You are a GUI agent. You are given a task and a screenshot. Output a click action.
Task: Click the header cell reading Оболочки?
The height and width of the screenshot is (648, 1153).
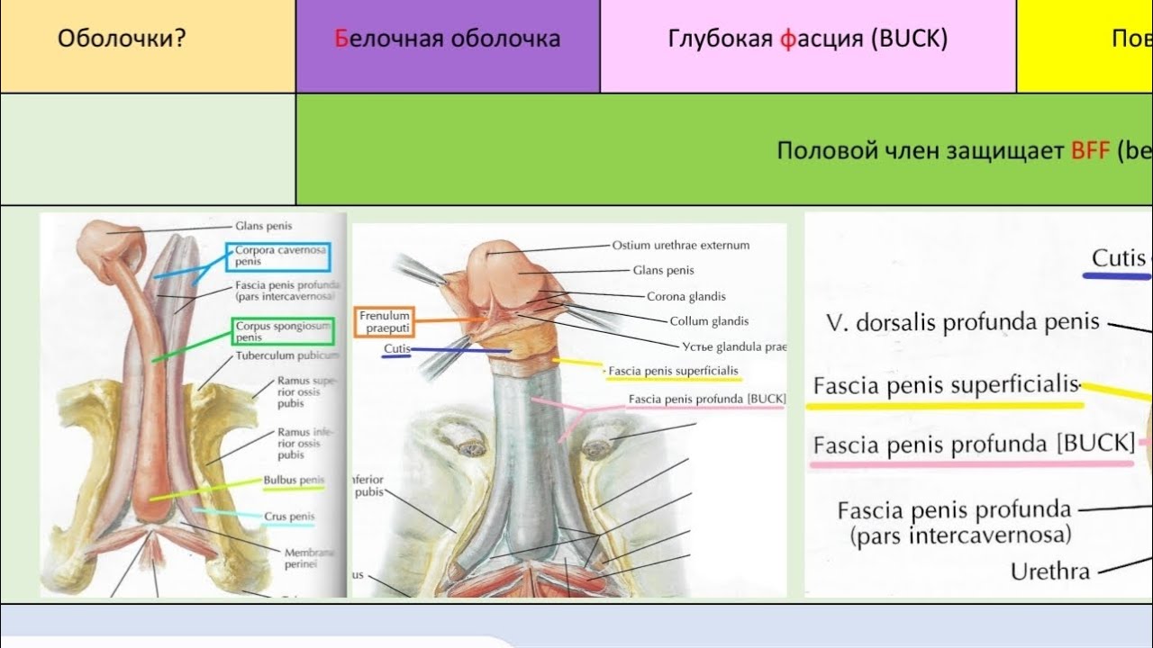(121, 40)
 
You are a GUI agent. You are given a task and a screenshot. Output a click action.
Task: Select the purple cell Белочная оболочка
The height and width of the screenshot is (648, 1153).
(448, 40)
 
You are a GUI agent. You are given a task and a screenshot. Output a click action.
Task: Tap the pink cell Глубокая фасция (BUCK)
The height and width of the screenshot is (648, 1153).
(808, 40)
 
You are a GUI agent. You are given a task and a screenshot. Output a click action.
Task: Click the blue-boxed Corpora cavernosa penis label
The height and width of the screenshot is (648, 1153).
(279, 256)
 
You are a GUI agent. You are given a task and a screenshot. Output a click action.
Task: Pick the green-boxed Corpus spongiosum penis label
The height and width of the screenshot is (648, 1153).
(283, 330)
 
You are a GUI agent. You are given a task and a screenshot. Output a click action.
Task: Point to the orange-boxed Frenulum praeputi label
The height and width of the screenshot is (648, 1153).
(385, 321)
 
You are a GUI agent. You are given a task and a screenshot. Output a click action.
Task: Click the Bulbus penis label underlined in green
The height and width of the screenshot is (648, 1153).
(294, 481)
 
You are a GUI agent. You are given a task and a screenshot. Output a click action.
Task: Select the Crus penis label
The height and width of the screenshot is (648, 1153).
(288, 517)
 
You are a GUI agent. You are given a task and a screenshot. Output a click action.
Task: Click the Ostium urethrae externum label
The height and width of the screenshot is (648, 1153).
(680, 245)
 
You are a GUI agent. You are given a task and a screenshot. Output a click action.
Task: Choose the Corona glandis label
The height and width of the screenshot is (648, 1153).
(685, 296)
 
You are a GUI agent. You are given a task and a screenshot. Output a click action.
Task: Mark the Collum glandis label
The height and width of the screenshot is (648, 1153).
(709, 321)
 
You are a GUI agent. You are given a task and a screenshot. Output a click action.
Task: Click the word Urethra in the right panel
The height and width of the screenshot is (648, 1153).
(1049, 571)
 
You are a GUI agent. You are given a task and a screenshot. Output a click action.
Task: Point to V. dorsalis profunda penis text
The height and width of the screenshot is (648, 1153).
(962, 322)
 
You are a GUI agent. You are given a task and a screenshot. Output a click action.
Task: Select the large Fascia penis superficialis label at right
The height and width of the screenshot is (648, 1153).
(946, 386)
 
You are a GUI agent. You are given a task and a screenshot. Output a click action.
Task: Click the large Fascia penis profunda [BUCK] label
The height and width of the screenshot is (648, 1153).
(973, 445)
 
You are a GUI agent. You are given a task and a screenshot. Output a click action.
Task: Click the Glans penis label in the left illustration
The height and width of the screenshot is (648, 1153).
(264, 227)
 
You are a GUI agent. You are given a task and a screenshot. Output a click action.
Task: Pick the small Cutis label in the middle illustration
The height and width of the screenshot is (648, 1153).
(397, 347)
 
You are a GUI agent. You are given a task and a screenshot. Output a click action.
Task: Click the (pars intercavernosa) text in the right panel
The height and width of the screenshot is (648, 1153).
(960, 535)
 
